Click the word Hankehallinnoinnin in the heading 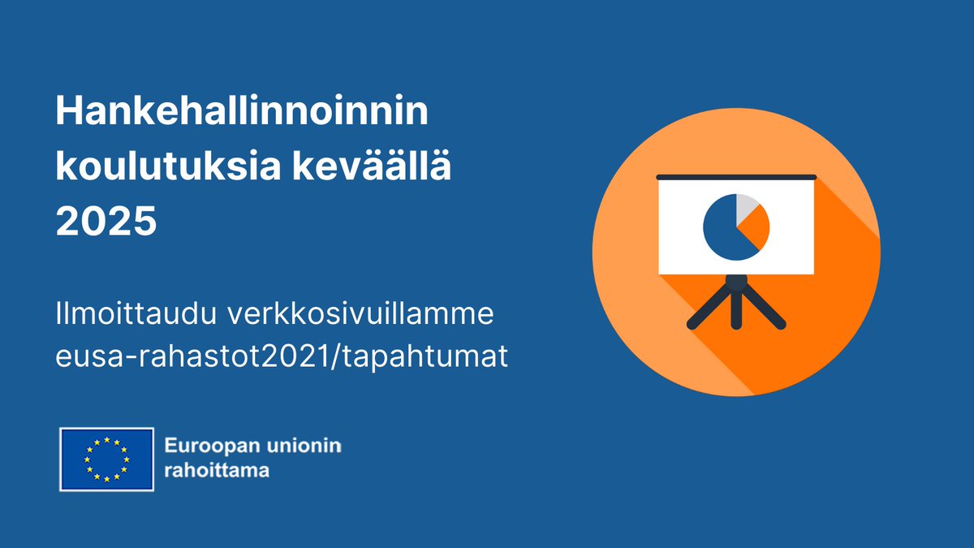241,111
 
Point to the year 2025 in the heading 106,221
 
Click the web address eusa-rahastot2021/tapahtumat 282,356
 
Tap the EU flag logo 106,459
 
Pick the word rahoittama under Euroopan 216,470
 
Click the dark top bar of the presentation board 735,176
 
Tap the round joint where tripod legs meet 736,283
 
